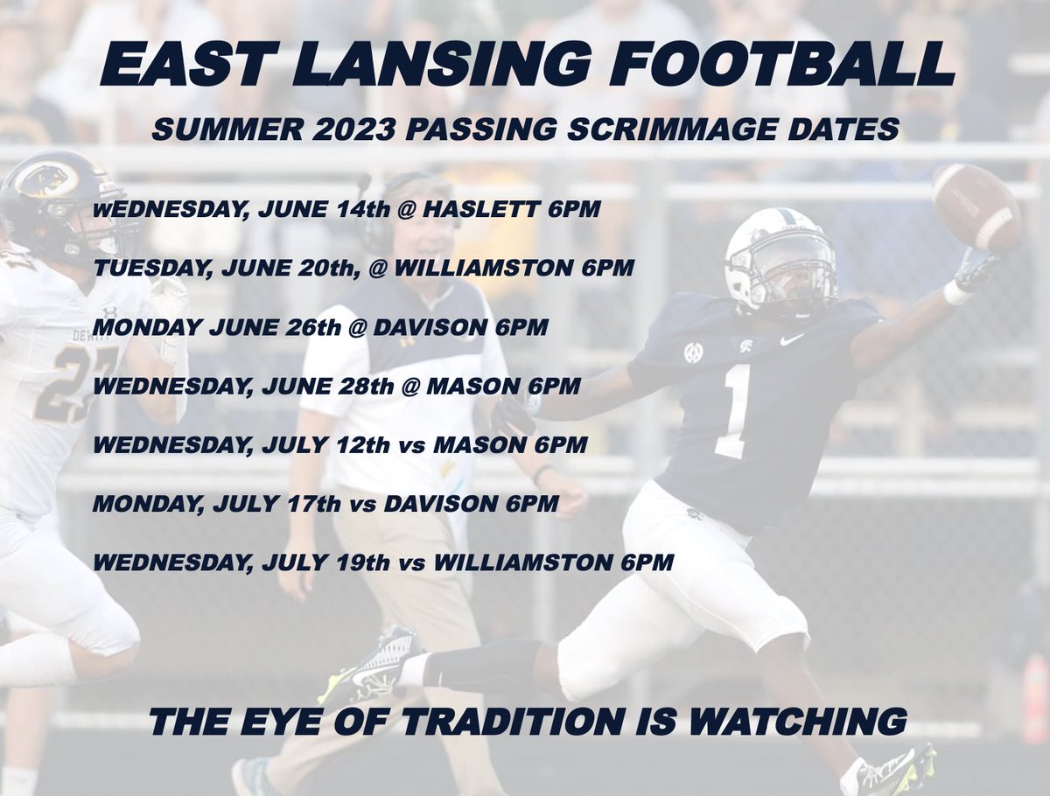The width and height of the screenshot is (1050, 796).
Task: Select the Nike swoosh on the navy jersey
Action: [792, 339]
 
